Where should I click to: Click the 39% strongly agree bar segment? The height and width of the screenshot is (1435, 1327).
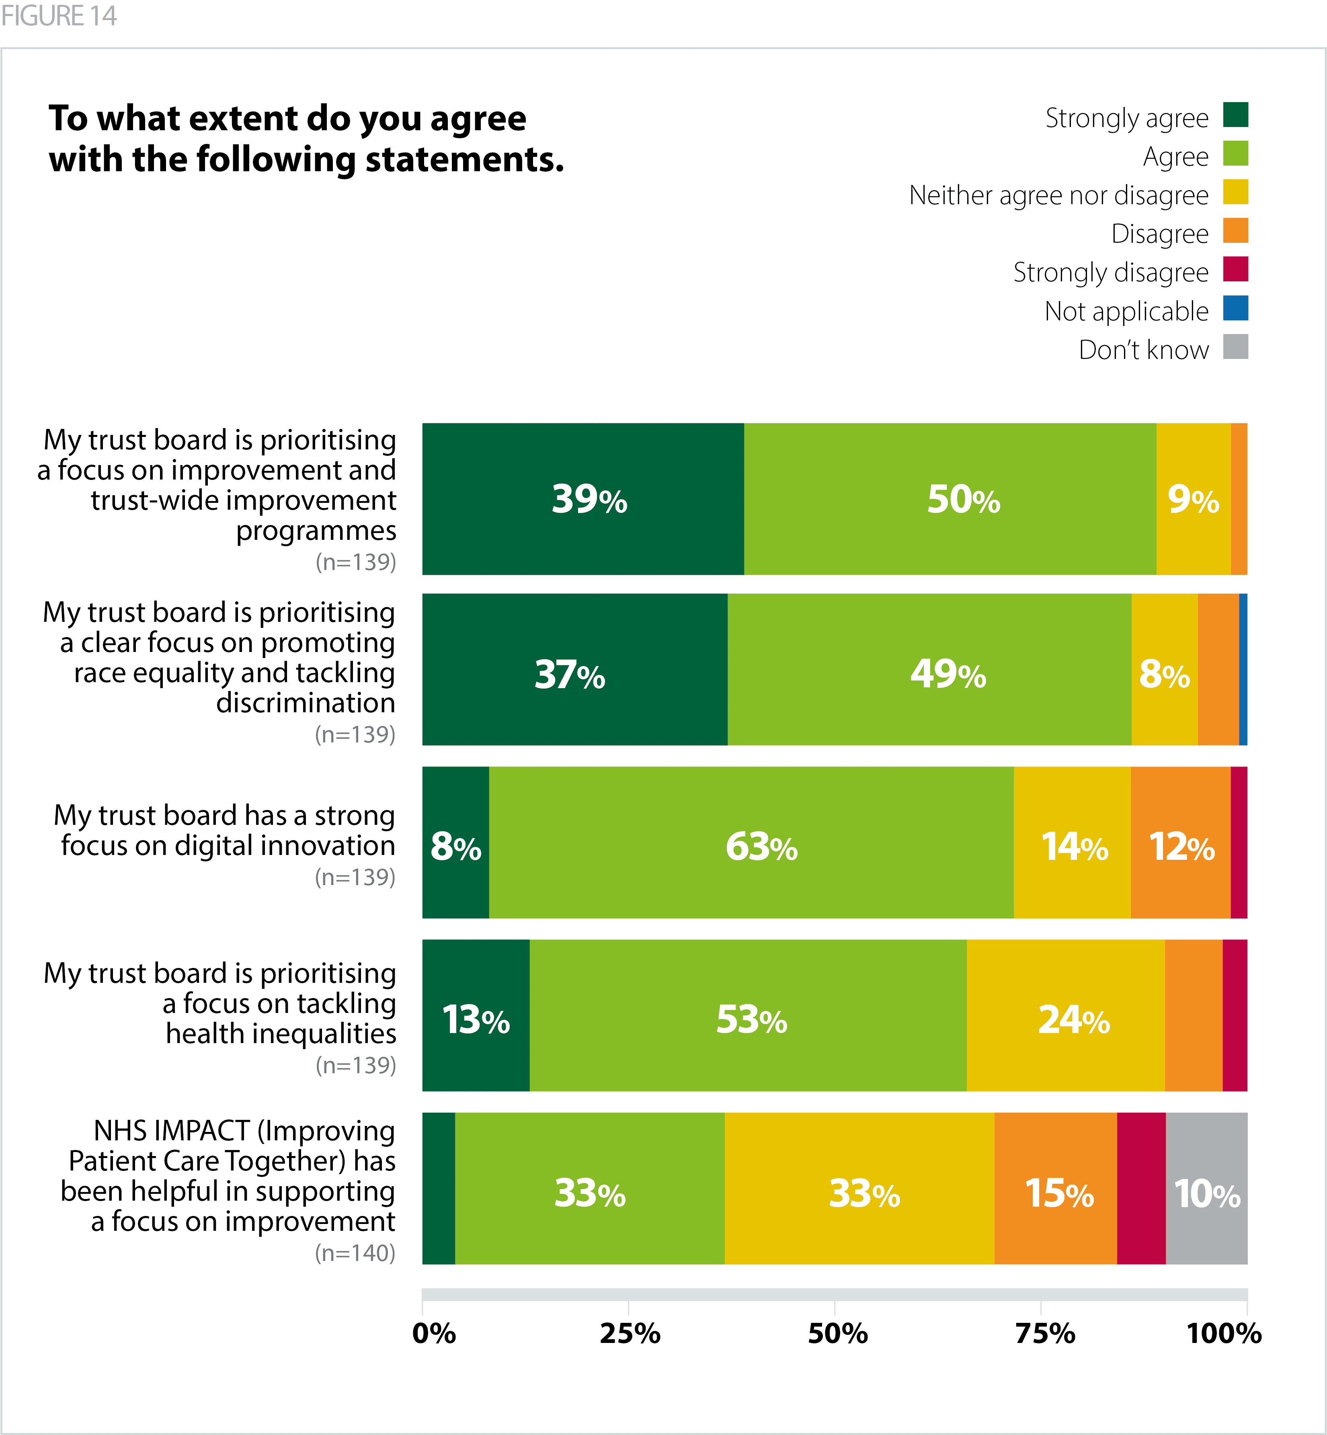(x=582, y=499)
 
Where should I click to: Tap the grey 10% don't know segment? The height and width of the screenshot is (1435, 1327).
(x=1206, y=1188)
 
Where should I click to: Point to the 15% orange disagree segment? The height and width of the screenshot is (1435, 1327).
(x=1056, y=1188)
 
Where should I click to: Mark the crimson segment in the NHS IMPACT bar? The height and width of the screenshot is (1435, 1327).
(x=1141, y=1188)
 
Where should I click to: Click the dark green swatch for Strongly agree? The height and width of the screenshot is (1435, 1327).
(x=1235, y=115)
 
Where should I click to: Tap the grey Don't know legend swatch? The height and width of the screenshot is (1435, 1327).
(x=1235, y=347)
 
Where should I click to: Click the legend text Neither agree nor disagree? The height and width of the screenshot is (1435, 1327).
(x=1058, y=195)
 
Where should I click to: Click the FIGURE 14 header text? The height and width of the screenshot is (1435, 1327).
(x=59, y=16)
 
